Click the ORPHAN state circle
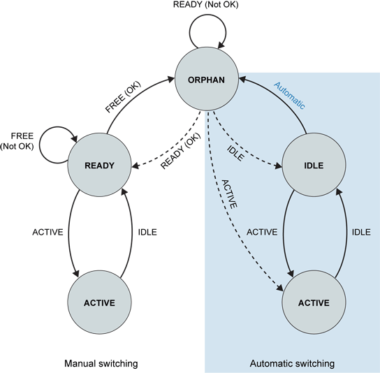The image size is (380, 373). pos(206,79)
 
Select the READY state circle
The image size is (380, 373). pos(100,165)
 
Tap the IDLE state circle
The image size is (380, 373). pos(314,165)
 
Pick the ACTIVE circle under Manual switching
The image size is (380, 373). pos(100,302)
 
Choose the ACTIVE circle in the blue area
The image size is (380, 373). pos(314,302)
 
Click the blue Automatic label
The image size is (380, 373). pos(289,96)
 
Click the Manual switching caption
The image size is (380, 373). pos(101,363)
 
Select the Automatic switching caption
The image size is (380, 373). pos(292,363)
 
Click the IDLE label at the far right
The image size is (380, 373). pos(360,231)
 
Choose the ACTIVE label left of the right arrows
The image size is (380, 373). pos(263,231)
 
